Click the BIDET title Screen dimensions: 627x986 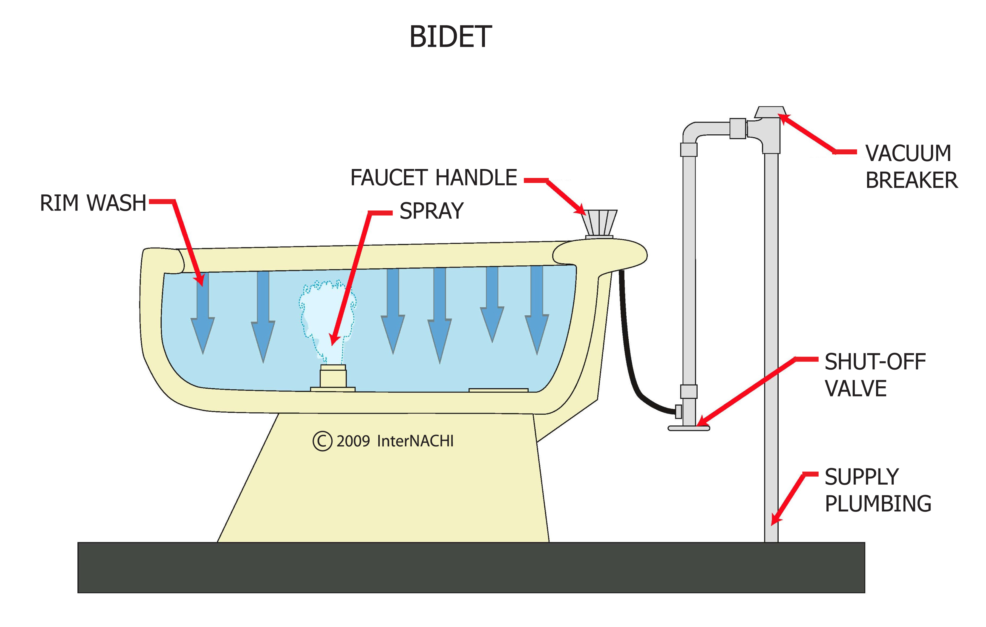(450, 37)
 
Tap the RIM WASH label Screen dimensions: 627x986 (93, 203)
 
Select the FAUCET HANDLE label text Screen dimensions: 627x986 (434, 178)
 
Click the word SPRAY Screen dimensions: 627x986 (431, 211)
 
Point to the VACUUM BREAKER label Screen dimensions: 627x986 (911, 167)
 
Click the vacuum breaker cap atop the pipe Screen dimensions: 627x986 (770, 112)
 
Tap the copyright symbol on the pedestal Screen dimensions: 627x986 (322, 441)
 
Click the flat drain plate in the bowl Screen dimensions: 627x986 (498, 390)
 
